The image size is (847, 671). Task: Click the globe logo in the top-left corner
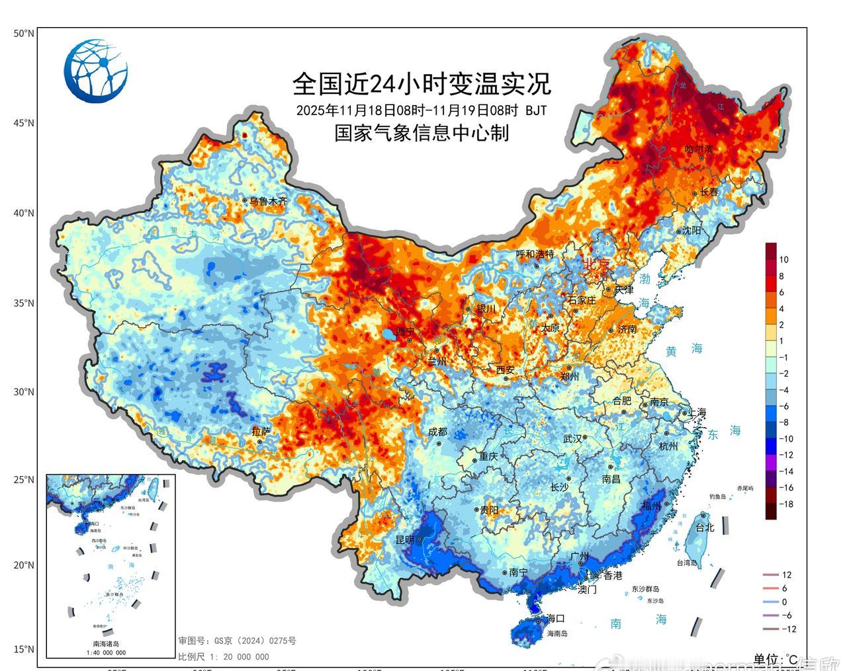pyautogui.click(x=97, y=71)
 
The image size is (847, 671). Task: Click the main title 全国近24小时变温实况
pyautogui.click(x=422, y=84)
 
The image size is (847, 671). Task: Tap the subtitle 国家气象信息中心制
pyautogui.click(x=422, y=133)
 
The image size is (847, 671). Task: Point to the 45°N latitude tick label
pyautogui.click(x=24, y=123)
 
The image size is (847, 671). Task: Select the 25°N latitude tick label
pyautogui.click(x=24, y=479)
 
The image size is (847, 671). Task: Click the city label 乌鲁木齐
pyautogui.click(x=268, y=201)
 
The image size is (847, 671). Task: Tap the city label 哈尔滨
pyautogui.click(x=700, y=150)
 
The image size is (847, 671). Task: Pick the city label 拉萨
pyautogui.click(x=261, y=431)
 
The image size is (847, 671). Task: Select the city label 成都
pyautogui.click(x=437, y=432)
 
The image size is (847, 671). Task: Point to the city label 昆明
pyautogui.click(x=404, y=539)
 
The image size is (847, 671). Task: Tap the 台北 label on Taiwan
pyautogui.click(x=704, y=528)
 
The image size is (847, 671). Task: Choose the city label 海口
pyautogui.click(x=556, y=619)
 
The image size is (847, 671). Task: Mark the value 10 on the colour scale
pyautogui.click(x=783, y=260)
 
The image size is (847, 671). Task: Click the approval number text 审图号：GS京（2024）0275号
pyautogui.click(x=236, y=641)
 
